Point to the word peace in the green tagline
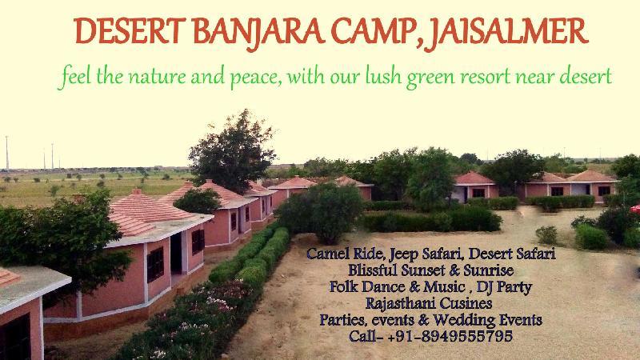coord(253,78)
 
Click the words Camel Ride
coord(345,254)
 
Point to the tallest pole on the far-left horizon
coord(7,153)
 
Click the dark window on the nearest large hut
coord(155,264)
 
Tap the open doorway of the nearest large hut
coord(176,253)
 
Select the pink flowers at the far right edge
coord(635,209)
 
